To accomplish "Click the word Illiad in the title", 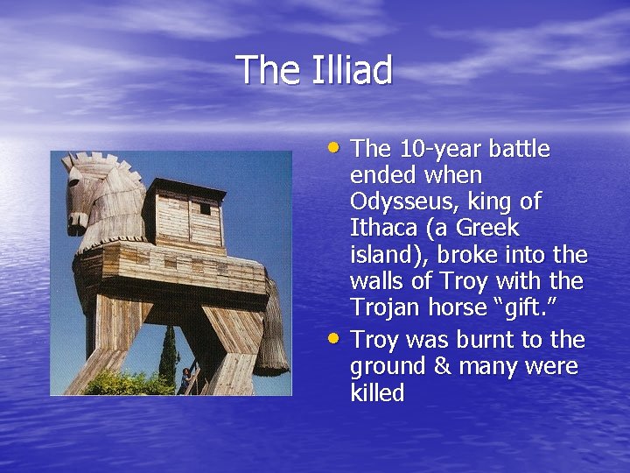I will point(352,70).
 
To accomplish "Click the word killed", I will point(377,392).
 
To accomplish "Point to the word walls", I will point(381,281).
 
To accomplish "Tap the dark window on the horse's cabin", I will point(204,208).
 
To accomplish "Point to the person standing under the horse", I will point(185,378).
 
